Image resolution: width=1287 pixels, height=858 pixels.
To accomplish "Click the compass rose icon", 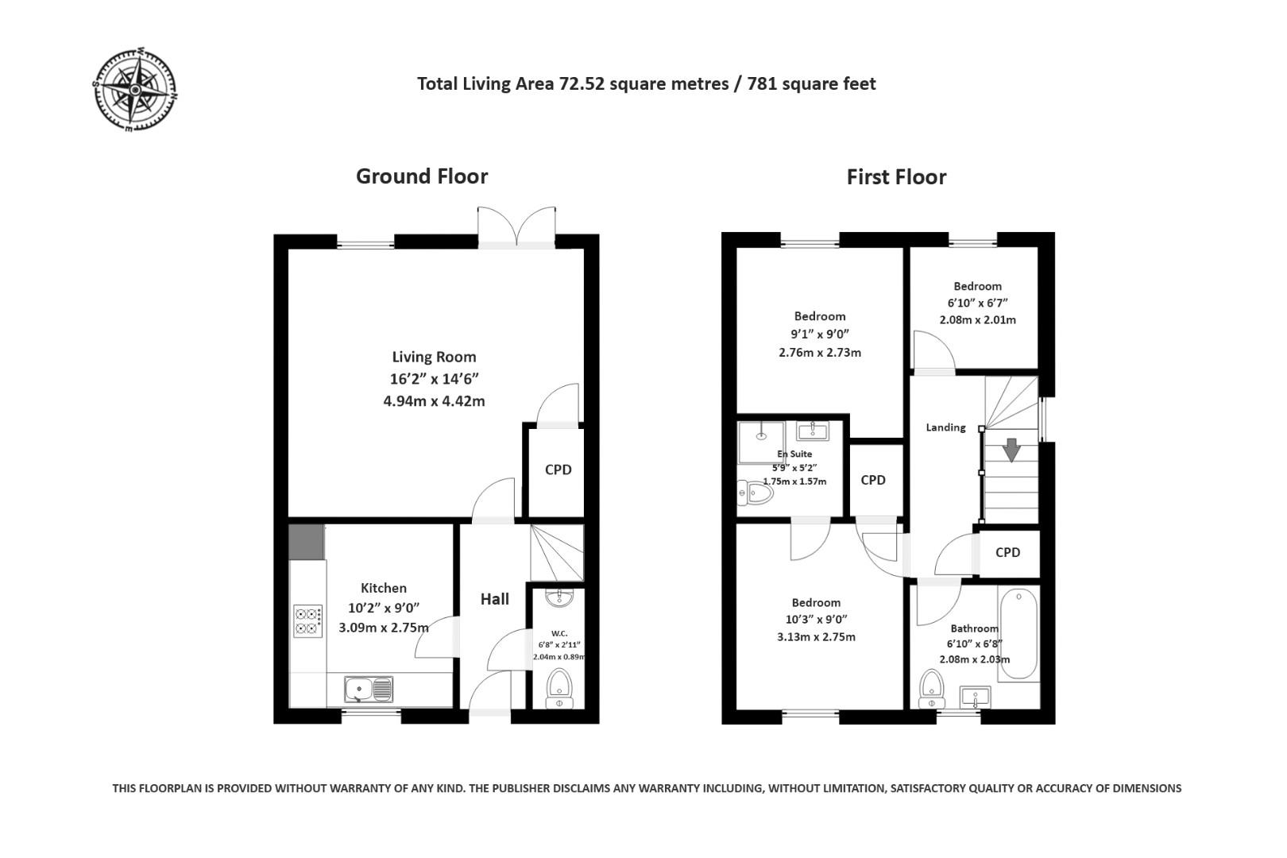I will pyautogui.click(x=135, y=90).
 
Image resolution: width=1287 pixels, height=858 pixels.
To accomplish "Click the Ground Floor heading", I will pyautogui.click(x=421, y=176).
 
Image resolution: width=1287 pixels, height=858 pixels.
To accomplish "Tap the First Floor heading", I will pyautogui.click(x=896, y=177).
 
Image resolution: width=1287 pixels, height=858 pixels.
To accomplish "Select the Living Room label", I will pyautogui.click(x=434, y=357).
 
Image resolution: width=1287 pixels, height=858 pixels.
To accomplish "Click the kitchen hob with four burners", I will pyautogui.click(x=307, y=620).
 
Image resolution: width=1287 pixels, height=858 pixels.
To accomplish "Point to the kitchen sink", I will pyautogui.click(x=368, y=689).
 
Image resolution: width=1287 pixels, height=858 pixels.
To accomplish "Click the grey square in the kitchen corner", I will pyautogui.click(x=306, y=541).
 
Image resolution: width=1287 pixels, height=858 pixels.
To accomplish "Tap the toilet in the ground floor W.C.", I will pyautogui.click(x=559, y=688).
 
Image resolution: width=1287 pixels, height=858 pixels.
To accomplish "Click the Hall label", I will pyautogui.click(x=494, y=599).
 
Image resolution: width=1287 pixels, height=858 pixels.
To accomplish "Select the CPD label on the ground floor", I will pyautogui.click(x=558, y=470).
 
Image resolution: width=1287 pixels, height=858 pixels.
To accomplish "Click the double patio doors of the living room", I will pyautogui.click(x=516, y=226).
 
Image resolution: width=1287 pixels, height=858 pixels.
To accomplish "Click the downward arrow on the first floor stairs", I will pyautogui.click(x=1011, y=450).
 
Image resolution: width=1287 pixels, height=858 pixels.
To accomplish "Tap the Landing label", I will pyautogui.click(x=945, y=427).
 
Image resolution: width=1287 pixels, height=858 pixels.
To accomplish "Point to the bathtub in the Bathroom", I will pyautogui.click(x=1018, y=634).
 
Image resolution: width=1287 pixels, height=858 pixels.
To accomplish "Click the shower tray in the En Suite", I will pyautogui.click(x=761, y=442).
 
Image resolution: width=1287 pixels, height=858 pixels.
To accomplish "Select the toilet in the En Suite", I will pyautogui.click(x=755, y=493).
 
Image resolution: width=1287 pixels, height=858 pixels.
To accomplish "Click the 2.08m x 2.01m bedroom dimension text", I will pyautogui.click(x=977, y=320).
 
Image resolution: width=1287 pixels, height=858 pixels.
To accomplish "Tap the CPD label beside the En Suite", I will pyautogui.click(x=872, y=480).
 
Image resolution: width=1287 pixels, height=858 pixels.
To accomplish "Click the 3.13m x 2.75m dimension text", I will pyautogui.click(x=816, y=637).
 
